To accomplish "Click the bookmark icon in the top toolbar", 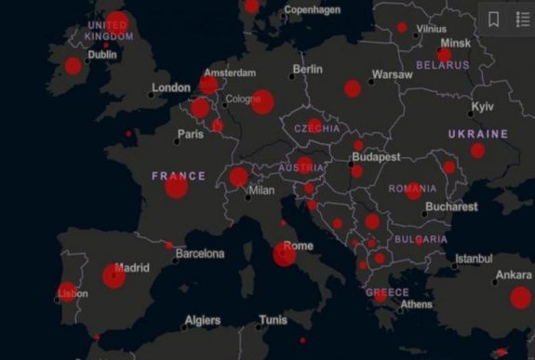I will coord(493,19).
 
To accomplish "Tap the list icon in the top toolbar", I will coord(521,19).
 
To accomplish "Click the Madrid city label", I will coord(133,268).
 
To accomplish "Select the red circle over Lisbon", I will coord(67,291).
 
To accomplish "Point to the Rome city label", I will coord(298,247).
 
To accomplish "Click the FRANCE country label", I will coord(178,176).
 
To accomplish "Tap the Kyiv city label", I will coord(483,107).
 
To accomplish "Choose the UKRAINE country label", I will coord(478,134).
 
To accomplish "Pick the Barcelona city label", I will coord(200,253).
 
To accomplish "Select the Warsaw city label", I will coord(392,74).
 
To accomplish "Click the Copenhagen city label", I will coord(312,10).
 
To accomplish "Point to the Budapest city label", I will coord(376,157).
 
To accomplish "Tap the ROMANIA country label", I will coord(412,189).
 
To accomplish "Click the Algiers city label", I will coord(203,320).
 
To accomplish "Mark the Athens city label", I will coord(416,304).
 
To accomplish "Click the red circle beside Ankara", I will coord(520,298).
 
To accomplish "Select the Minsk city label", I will coord(456,43).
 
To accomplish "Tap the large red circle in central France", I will coord(177,187).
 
